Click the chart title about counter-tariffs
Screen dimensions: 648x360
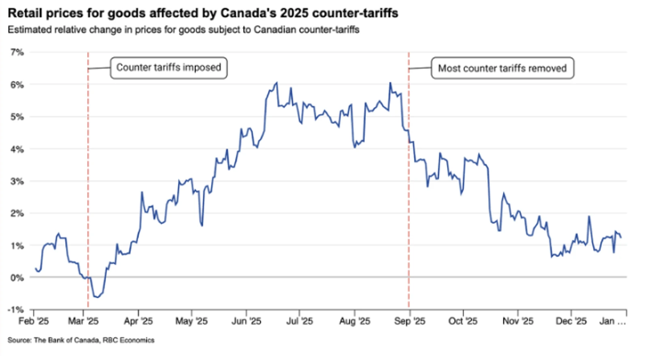pyautogui.click(x=203, y=13)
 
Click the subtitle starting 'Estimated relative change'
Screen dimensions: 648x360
pyautogui.click(x=183, y=30)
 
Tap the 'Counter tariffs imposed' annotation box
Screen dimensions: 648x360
pyautogui.click(x=169, y=68)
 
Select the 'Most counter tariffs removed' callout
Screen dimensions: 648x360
pyautogui.click(x=502, y=68)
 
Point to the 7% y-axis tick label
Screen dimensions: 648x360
pyautogui.click(x=17, y=52)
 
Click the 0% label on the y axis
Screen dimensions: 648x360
pyautogui.click(x=17, y=278)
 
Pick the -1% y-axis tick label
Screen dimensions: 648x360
pyautogui.click(x=16, y=310)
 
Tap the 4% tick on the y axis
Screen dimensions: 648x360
pyautogui.click(x=17, y=149)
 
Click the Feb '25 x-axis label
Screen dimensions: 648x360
pyautogui.click(x=34, y=321)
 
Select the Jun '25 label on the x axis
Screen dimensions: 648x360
pyautogui.click(x=246, y=321)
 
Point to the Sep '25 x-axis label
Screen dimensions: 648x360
pyautogui.click(x=410, y=321)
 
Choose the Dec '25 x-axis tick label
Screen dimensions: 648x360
pyautogui.click(x=571, y=321)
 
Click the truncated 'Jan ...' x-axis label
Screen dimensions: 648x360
pyautogui.click(x=612, y=321)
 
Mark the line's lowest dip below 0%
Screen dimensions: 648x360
pyautogui.click(x=97, y=297)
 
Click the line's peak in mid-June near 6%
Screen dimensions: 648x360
pyautogui.click(x=277, y=83)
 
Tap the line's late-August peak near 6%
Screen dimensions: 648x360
pyautogui.click(x=390, y=83)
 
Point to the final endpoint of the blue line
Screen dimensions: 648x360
pyautogui.click(x=621, y=237)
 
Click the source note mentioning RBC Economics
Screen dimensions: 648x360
pyautogui.click(x=81, y=340)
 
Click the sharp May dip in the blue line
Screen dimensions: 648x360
pyautogui.click(x=201, y=225)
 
